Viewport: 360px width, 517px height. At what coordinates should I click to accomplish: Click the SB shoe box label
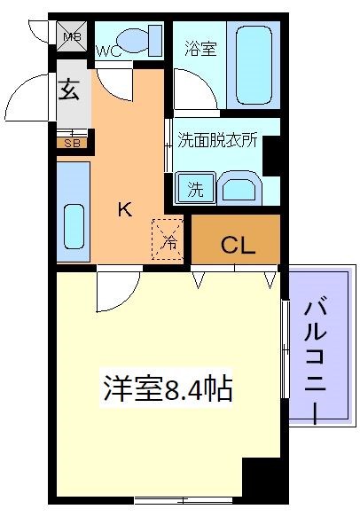point(69,142)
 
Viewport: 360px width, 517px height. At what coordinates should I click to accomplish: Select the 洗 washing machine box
point(194,188)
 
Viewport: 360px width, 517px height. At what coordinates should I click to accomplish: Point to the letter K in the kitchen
point(126,210)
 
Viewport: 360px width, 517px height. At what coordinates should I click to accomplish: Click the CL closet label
point(238,243)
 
